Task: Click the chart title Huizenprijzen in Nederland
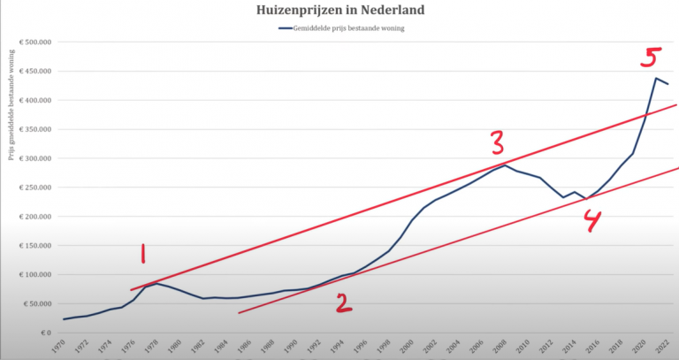[x=339, y=11]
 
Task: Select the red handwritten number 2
[x=343, y=303]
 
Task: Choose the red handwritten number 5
[x=650, y=59]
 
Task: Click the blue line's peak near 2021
[x=655, y=78]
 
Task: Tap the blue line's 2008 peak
[x=505, y=165]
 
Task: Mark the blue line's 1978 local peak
[x=156, y=283]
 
